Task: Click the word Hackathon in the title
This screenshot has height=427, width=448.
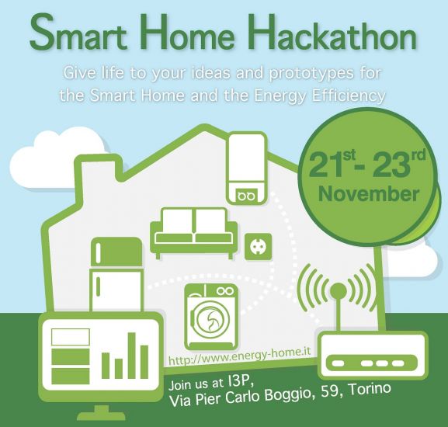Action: (332, 33)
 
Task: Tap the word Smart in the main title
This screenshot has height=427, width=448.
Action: (78, 33)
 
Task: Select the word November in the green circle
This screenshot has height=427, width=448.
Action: (369, 194)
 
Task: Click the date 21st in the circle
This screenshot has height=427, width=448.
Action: (332, 165)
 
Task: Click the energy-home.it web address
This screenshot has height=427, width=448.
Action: (239, 355)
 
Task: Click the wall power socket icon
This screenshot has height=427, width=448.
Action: (259, 246)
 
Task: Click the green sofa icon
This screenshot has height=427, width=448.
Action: (193, 233)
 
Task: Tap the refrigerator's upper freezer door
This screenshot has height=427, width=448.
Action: (116, 252)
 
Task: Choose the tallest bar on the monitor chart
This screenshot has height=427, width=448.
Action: (132, 356)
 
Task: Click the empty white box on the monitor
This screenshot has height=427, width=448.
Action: (71, 337)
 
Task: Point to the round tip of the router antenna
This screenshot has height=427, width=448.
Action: (339, 291)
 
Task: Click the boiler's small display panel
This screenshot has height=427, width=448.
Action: (246, 196)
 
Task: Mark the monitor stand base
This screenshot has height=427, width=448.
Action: (102, 414)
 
